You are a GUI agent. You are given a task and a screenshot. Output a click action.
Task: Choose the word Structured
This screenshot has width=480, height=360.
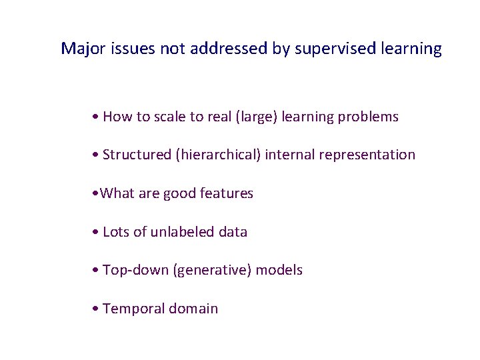tap(137, 155)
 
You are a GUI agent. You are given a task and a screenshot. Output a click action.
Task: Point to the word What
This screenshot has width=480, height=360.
tap(117, 194)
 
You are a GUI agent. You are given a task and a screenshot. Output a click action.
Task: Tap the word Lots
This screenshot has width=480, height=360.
tap(117, 232)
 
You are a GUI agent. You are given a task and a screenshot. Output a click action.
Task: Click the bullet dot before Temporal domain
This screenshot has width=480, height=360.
tap(97, 309)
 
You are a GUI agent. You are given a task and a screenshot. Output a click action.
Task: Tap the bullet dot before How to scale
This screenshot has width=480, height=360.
tap(97, 117)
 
